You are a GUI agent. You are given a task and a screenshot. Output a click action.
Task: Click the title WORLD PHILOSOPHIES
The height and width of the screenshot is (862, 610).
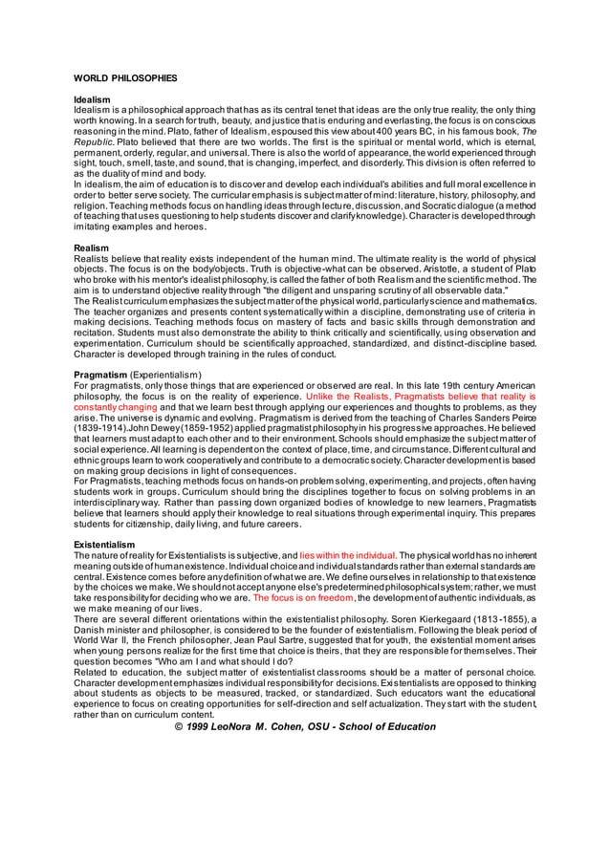coord(125,76)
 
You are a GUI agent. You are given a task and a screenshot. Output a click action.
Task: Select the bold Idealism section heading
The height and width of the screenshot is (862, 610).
coord(93,99)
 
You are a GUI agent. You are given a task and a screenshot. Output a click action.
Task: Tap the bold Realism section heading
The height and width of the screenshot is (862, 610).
coord(92,248)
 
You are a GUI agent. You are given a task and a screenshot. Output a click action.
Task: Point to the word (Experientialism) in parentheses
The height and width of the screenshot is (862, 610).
coord(166,374)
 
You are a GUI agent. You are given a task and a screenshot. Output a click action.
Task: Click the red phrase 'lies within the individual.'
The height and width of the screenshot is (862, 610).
coord(348,554)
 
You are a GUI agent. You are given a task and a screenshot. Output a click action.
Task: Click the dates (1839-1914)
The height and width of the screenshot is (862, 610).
coord(102,427)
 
